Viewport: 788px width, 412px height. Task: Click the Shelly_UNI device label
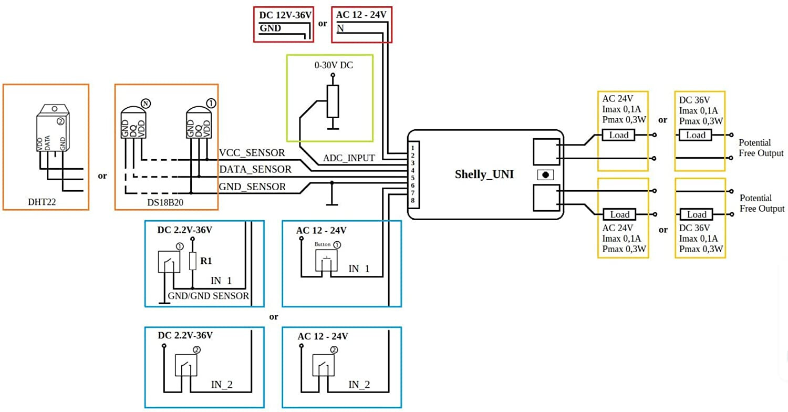(484, 174)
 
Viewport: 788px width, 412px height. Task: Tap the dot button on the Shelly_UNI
(545, 175)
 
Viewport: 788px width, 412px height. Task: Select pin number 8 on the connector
(412, 201)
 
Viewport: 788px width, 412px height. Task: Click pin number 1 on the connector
(412, 148)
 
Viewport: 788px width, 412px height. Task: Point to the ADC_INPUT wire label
(349, 158)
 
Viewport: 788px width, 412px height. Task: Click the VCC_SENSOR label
(252, 153)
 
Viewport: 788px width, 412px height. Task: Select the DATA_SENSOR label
(255, 169)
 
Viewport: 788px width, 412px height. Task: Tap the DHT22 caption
(42, 202)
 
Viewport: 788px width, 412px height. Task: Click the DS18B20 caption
(165, 202)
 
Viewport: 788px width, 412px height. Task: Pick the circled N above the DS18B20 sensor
(146, 104)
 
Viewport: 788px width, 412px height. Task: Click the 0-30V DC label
(334, 65)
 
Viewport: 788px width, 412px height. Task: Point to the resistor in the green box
(333, 101)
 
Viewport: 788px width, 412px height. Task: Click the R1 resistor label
(206, 261)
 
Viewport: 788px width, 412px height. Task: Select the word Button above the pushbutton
(323, 244)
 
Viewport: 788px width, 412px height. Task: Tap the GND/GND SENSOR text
(208, 295)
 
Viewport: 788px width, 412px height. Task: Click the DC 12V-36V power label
(285, 15)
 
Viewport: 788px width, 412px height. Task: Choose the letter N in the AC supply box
(340, 28)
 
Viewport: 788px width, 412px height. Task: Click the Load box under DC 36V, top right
(696, 135)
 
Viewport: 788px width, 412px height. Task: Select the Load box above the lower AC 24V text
(619, 214)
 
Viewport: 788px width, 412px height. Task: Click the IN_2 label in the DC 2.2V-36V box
(222, 385)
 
